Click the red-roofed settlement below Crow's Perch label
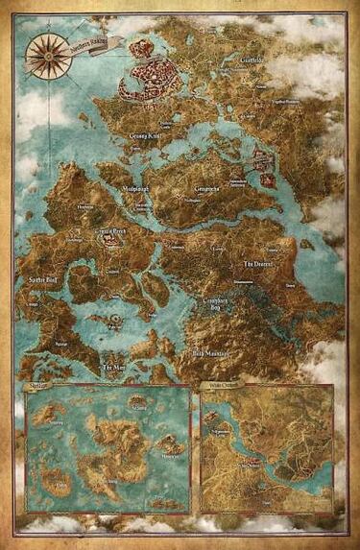pyautogui.click(x=112, y=241)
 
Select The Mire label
pyautogui.click(x=114, y=368)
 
